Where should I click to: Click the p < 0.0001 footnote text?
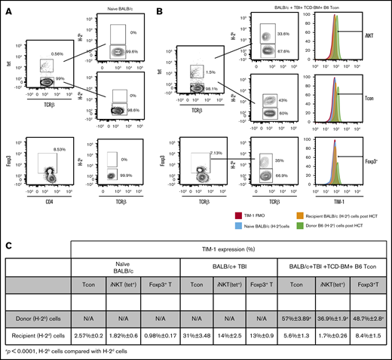pos(45,352)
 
